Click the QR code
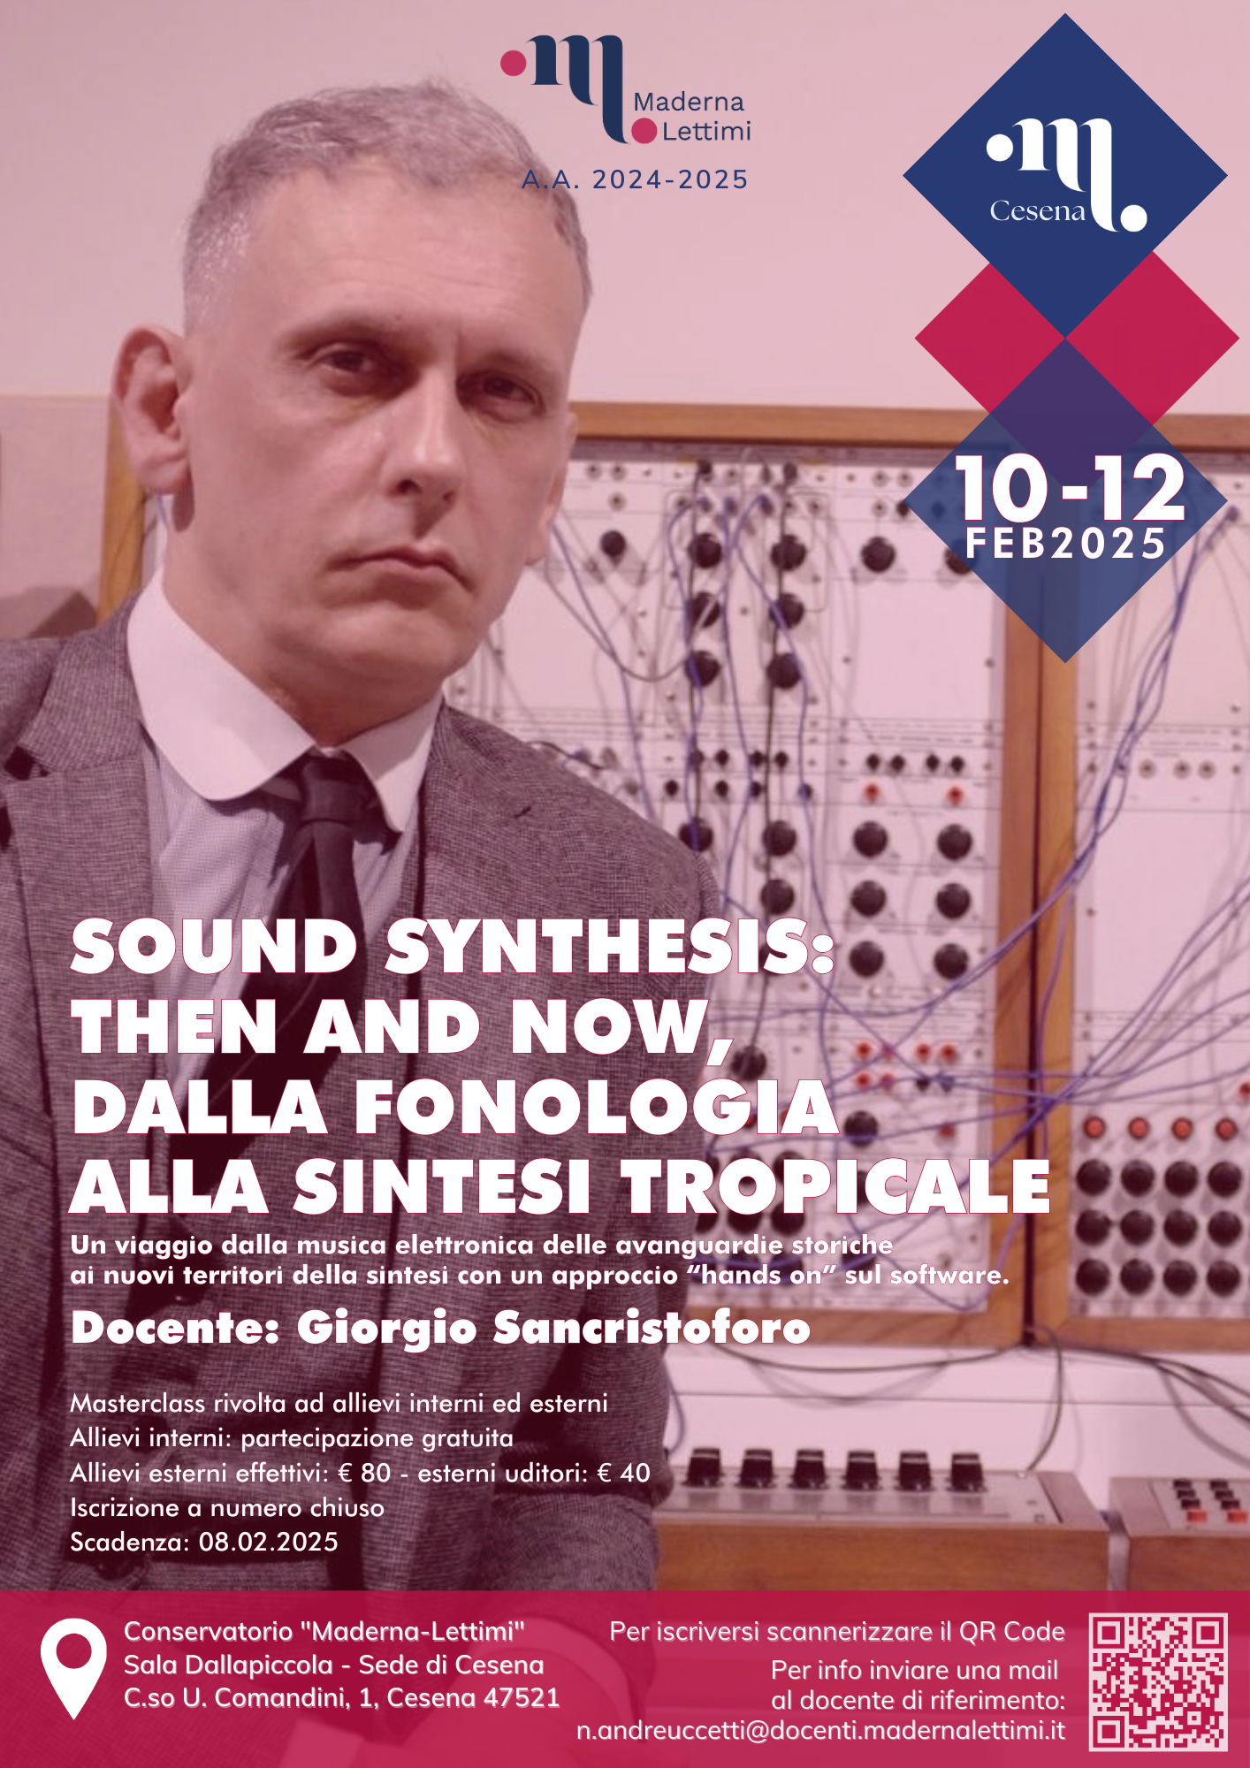pyautogui.click(x=1158, y=1681)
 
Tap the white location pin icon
pyautogui.click(x=73, y=1667)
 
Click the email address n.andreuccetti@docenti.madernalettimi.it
pyautogui.click(x=820, y=1731)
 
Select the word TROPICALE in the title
pyautogui.click(x=836, y=1186)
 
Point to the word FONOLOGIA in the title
pyautogui.click(x=597, y=1107)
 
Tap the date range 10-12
pyautogui.click(x=1070, y=488)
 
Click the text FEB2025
pyautogui.click(x=1066, y=544)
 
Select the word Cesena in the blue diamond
pyautogui.click(x=1037, y=211)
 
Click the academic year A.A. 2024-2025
pyautogui.click(x=635, y=179)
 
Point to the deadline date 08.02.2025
pyautogui.click(x=269, y=1543)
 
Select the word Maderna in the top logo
pyautogui.click(x=689, y=103)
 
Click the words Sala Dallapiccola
pyautogui.click(x=228, y=1665)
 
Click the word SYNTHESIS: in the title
pyautogui.click(x=610, y=946)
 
